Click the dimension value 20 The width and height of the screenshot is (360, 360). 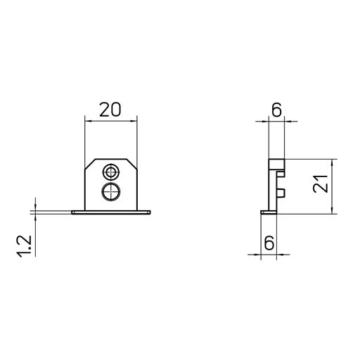pos(110,109)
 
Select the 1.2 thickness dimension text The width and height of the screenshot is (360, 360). pos(25,247)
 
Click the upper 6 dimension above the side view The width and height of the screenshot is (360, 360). pos(276,109)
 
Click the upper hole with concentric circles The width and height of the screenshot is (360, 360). pos(110,172)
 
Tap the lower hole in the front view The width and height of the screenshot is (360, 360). pos(110,192)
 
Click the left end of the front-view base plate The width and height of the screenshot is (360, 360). pos(73,212)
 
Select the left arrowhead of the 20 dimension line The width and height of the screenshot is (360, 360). pos(87,121)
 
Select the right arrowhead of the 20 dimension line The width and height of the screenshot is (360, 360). pos(134,121)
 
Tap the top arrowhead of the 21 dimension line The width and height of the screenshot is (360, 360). pos(334,161)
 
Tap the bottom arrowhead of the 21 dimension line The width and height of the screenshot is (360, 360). pos(334,210)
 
